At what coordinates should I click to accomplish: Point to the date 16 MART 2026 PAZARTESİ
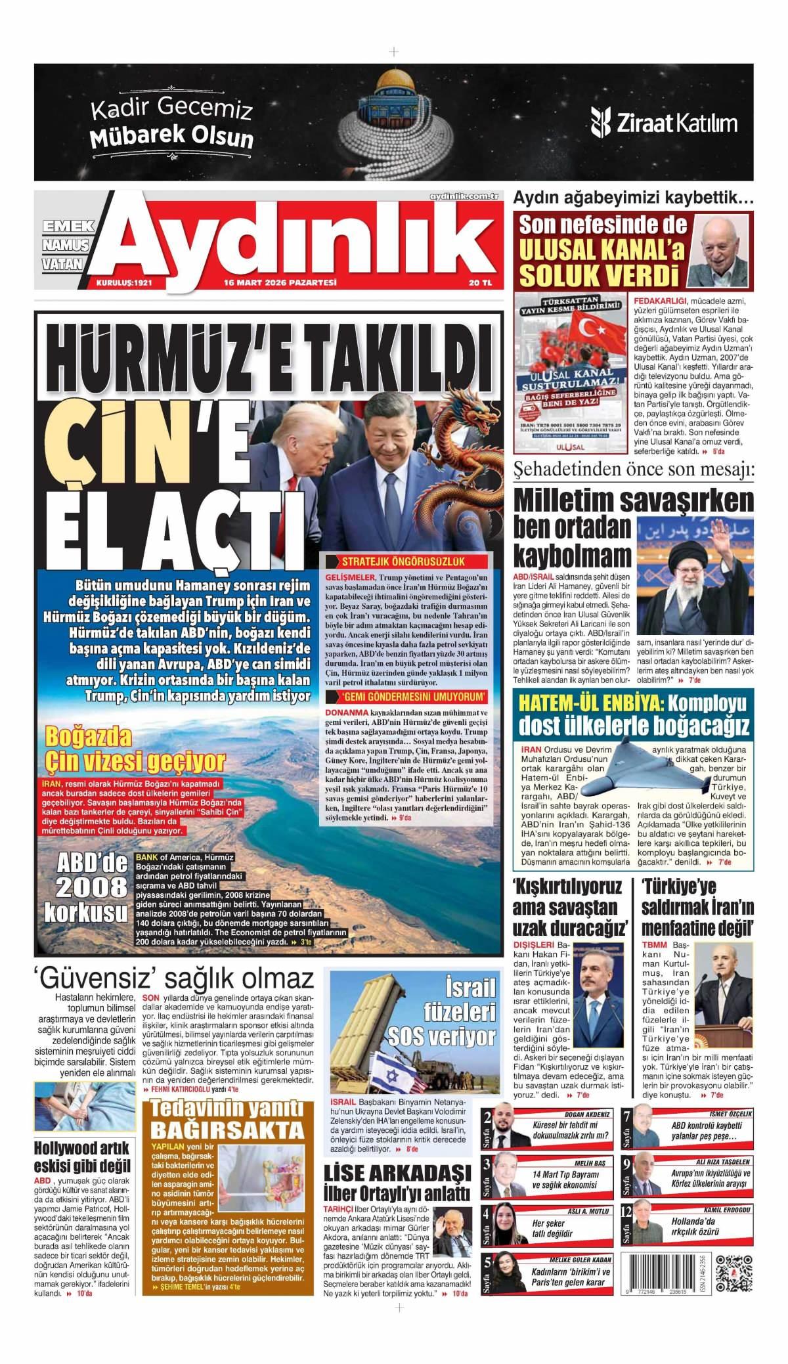(x=280, y=283)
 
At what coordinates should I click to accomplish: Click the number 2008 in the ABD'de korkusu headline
(x=91, y=887)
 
